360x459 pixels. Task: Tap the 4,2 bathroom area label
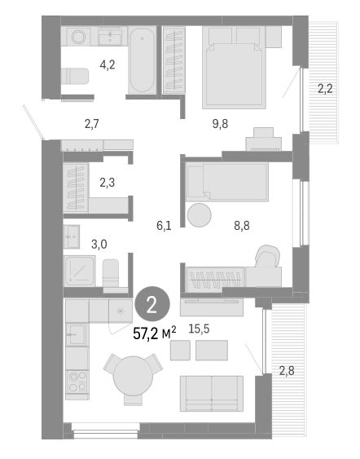pyautogui.click(x=107, y=64)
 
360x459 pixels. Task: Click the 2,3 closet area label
pyautogui.click(x=107, y=183)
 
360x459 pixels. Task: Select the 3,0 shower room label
pyautogui.click(x=99, y=244)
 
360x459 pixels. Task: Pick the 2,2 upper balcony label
pyautogui.click(x=325, y=89)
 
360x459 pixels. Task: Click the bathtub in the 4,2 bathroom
pyautogui.click(x=143, y=60)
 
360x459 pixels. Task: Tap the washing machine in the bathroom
pyautogui.click(x=80, y=37)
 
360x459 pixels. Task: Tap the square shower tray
pyautogui.click(x=80, y=270)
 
